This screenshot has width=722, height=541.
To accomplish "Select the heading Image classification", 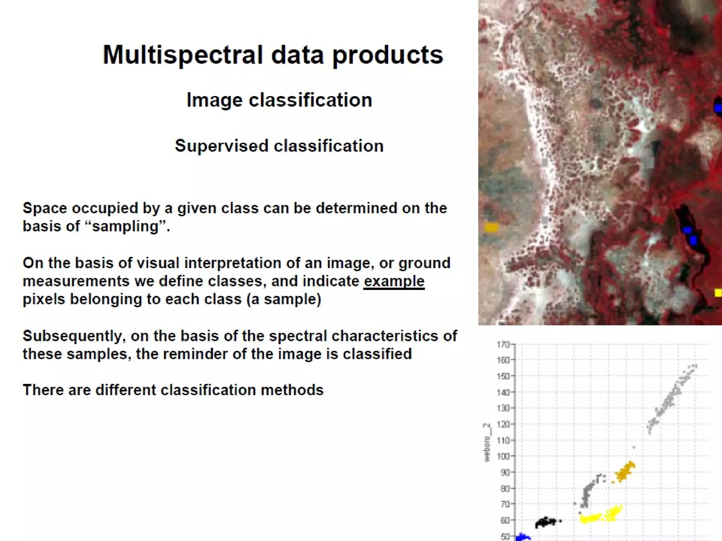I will coord(279,100).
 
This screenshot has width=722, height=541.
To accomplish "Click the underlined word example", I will coord(394,281).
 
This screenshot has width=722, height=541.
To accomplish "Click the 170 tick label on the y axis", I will coord(503,344).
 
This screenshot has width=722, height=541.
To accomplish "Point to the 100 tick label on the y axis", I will coord(503,456).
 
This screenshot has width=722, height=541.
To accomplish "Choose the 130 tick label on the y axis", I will coord(503,408).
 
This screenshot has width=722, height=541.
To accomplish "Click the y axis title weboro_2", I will coord(487,442).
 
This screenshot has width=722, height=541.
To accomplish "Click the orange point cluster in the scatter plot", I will coord(625,471).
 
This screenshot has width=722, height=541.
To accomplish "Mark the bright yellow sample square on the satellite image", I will coord(718,293).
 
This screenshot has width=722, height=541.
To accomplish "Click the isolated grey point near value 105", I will coord(634,447).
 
